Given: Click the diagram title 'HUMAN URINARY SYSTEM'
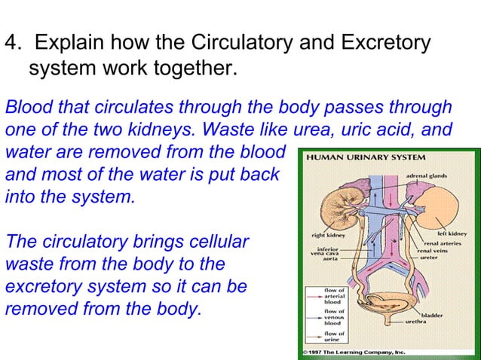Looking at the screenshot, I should click(x=365, y=157).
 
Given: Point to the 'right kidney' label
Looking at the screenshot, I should click(x=329, y=235).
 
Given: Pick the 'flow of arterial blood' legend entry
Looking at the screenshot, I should click(x=335, y=294).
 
